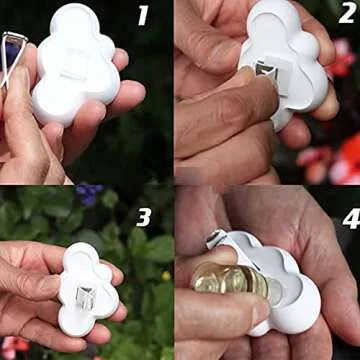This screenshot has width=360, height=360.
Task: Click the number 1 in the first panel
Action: pyautogui.click(x=142, y=15)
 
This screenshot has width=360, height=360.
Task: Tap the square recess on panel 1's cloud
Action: pyautogui.click(x=74, y=64)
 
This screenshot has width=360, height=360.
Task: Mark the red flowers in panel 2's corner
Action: pyautogui.click(x=345, y=150)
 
